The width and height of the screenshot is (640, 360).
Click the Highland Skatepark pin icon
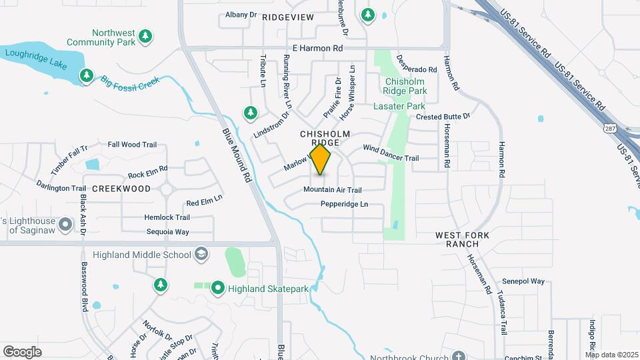pyautogui.click(x=218, y=289)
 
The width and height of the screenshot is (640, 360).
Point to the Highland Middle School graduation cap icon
pyautogui.click(x=201, y=253)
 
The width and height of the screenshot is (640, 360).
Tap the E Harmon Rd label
pyautogui.click(x=317, y=48)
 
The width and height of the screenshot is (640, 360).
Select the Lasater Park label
pyautogui.click(x=399, y=106)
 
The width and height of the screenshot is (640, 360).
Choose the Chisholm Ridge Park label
pyautogui.click(x=405, y=86)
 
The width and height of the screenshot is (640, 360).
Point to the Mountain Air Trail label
pyautogui.click(x=332, y=190)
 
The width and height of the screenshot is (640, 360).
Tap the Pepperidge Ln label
pyautogui.click(x=344, y=204)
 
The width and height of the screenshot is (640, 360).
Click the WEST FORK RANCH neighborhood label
pyautogui.click(x=463, y=240)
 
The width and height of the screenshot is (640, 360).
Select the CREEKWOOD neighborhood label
pyautogui.click(x=121, y=189)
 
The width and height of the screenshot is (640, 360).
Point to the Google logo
pyautogui.click(x=22, y=351)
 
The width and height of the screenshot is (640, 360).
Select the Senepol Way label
pyautogui.click(x=523, y=281)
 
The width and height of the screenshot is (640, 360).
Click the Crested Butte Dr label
pyautogui.click(x=443, y=117)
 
